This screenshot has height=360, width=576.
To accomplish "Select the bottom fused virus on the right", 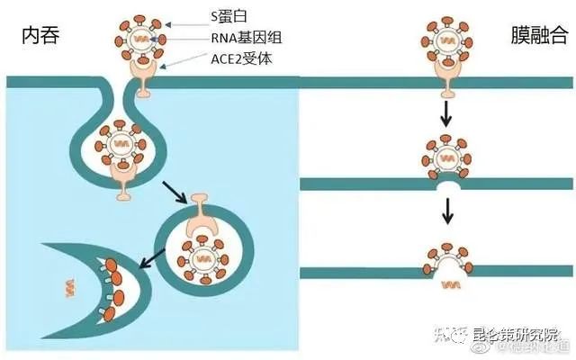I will [x=447, y=257].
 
